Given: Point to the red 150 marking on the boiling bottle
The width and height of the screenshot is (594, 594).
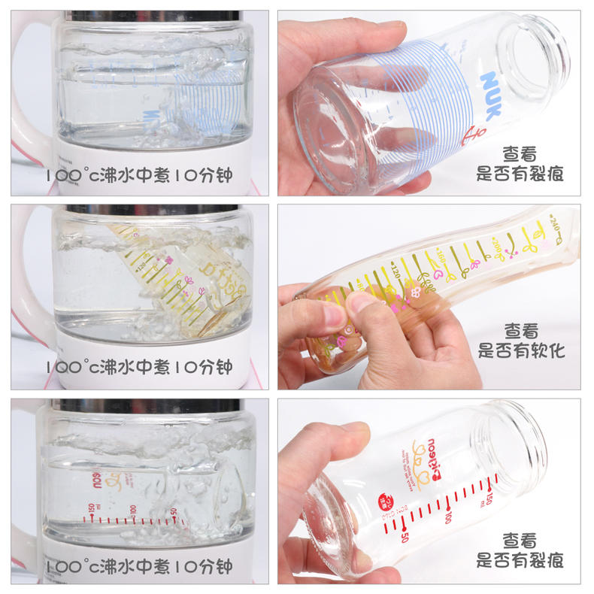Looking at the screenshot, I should (92, 509).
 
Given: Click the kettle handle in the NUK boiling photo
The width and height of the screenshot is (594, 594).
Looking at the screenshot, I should (26, 83).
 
